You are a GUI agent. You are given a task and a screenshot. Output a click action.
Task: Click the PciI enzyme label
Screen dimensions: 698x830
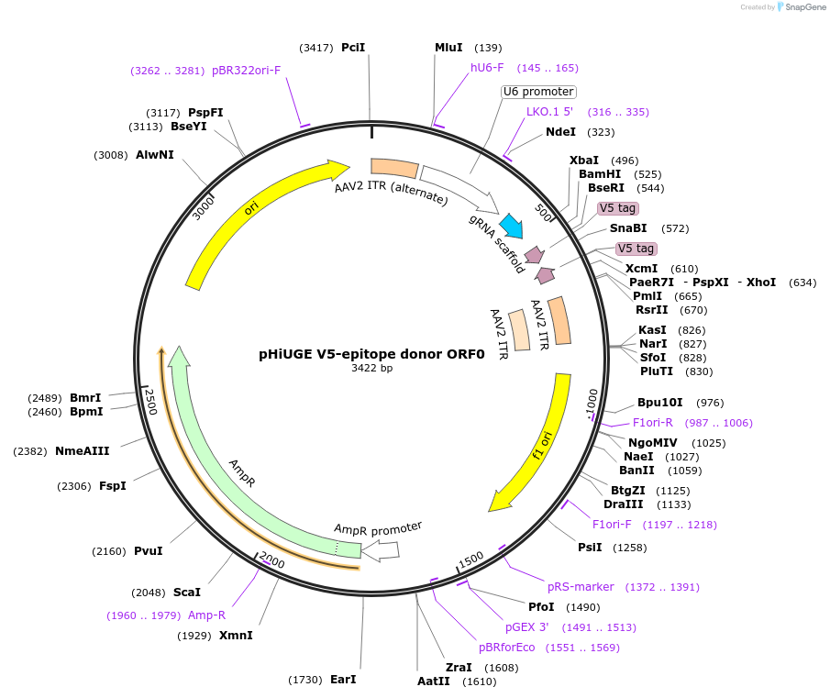(x=353, y=47)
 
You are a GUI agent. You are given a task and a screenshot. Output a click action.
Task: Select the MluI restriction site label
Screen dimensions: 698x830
(x=449, y=47)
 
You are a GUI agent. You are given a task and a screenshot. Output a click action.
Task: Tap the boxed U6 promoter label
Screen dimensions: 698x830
(x=539, y=92)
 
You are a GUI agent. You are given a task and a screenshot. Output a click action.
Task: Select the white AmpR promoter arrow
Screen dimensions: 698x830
(x=381, y=549)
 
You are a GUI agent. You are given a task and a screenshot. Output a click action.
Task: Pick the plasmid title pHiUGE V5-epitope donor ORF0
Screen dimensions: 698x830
(x=371, y=352)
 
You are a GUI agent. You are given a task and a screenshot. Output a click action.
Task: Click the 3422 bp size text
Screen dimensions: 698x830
(x=371, y=368)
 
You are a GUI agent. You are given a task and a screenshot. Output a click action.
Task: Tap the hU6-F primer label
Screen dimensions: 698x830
(x=487, y=68)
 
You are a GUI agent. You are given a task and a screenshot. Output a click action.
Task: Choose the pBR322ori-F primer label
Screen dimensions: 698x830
(x=246, y=71)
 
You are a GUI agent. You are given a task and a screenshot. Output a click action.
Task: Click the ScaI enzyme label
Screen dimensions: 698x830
(x=186, y=593)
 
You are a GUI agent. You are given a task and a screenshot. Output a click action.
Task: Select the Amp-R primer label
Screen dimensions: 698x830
(x=206, y=615)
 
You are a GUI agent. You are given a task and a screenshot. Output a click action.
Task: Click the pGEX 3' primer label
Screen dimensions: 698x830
(x=526, y=627)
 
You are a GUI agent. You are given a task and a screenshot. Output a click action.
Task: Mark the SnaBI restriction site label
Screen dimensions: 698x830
(x=628, y=228)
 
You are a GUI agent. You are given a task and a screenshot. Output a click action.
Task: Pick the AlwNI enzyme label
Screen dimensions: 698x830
(x=155, y=155)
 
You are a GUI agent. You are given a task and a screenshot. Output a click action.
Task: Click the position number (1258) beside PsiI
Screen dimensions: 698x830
(x=631, y=548)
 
